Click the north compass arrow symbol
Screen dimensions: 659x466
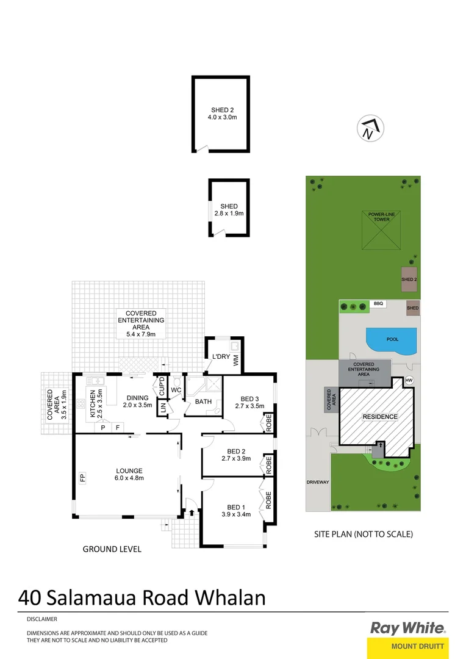(371, 128)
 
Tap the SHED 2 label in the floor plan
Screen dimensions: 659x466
(221, 110)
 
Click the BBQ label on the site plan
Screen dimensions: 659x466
(379, 303)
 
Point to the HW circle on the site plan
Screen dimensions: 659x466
(409, 381)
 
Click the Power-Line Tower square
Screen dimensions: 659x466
(382, 231)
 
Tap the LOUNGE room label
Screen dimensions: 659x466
(129, 470)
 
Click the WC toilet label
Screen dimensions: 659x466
(176, 390)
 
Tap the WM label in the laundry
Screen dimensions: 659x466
(236, 361)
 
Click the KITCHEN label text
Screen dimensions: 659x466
(93, 403)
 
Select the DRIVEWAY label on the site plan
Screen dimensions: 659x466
(318, 482)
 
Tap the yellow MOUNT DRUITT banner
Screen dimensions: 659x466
(409, 646)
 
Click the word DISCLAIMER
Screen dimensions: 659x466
(42, 619)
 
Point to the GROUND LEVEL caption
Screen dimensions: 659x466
(112, 549)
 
